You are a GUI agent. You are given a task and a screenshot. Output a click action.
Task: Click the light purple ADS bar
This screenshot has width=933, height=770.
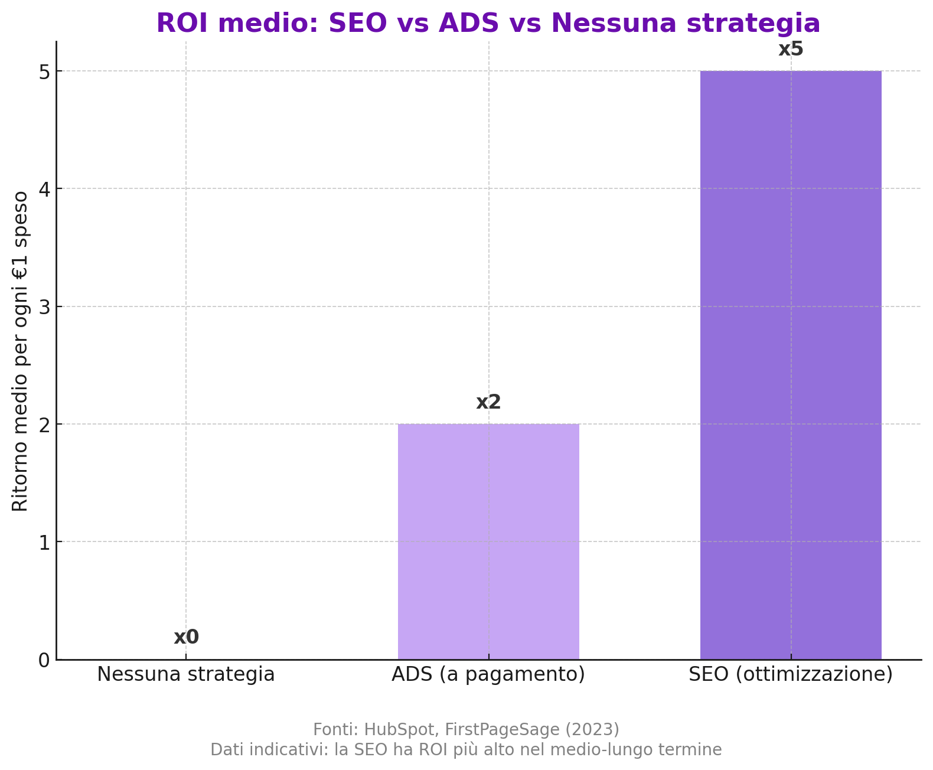[488, 541]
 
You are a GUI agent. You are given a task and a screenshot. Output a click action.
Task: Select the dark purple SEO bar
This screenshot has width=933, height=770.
[791, 365]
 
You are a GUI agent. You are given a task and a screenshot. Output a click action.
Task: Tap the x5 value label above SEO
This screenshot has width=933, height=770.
[791, 49]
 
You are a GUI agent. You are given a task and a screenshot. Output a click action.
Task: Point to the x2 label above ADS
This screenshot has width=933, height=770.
[488, 402]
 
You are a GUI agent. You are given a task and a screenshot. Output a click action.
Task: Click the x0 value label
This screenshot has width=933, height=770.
[186, 637]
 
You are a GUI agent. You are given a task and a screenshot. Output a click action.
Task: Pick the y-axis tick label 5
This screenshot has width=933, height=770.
[44, 71]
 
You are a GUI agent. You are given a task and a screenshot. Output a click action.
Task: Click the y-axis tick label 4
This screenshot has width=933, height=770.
[44, 189]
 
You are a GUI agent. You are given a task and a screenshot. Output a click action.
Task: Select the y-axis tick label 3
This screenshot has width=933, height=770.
[44, 306]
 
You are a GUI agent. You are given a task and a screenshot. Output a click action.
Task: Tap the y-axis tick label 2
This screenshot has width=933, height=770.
[44, 424]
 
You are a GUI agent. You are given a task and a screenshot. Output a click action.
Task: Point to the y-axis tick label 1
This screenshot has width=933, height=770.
[44, 542]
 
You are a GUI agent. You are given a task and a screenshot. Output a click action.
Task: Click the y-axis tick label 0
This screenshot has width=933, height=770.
[44, 660]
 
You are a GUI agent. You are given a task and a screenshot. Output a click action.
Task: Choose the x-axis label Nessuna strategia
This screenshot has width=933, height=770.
[186, 674]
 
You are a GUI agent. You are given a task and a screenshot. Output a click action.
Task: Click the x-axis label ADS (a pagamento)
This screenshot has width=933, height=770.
[488, 674]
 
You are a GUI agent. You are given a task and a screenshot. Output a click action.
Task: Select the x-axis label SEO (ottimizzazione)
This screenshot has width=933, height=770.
[791, 674]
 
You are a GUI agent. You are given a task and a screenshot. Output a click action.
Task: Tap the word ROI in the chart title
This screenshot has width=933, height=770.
[180, 24]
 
